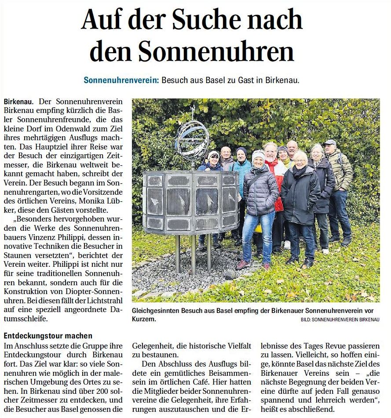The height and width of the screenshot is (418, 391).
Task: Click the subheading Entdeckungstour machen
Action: (x=48, y=336)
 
